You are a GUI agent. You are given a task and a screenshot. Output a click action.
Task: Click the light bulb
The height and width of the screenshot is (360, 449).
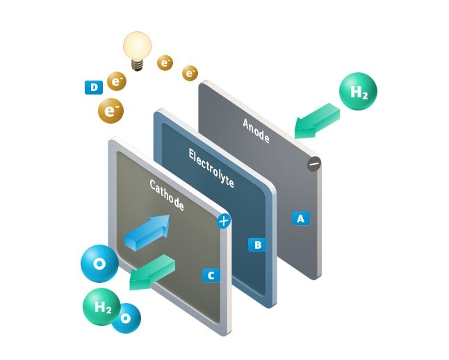tap(137, 49)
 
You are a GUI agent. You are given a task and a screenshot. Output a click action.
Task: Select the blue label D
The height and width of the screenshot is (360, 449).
tap(92, 87)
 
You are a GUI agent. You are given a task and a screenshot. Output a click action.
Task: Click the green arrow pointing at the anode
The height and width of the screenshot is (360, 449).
tap(316, 120)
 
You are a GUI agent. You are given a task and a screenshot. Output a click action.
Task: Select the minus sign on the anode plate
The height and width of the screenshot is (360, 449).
tap(313, 165)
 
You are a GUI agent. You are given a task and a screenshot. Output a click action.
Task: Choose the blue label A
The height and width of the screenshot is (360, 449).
tap(300, 218)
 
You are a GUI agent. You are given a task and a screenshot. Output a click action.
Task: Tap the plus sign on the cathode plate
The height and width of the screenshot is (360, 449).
tap(223, 222)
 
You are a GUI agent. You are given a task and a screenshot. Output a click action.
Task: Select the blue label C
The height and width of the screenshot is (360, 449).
tap(210, 275)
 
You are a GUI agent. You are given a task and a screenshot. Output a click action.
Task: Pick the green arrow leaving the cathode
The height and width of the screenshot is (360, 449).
tap(152, 272)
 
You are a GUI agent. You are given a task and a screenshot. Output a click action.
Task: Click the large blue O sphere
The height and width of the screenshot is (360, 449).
tap(99, 265)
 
